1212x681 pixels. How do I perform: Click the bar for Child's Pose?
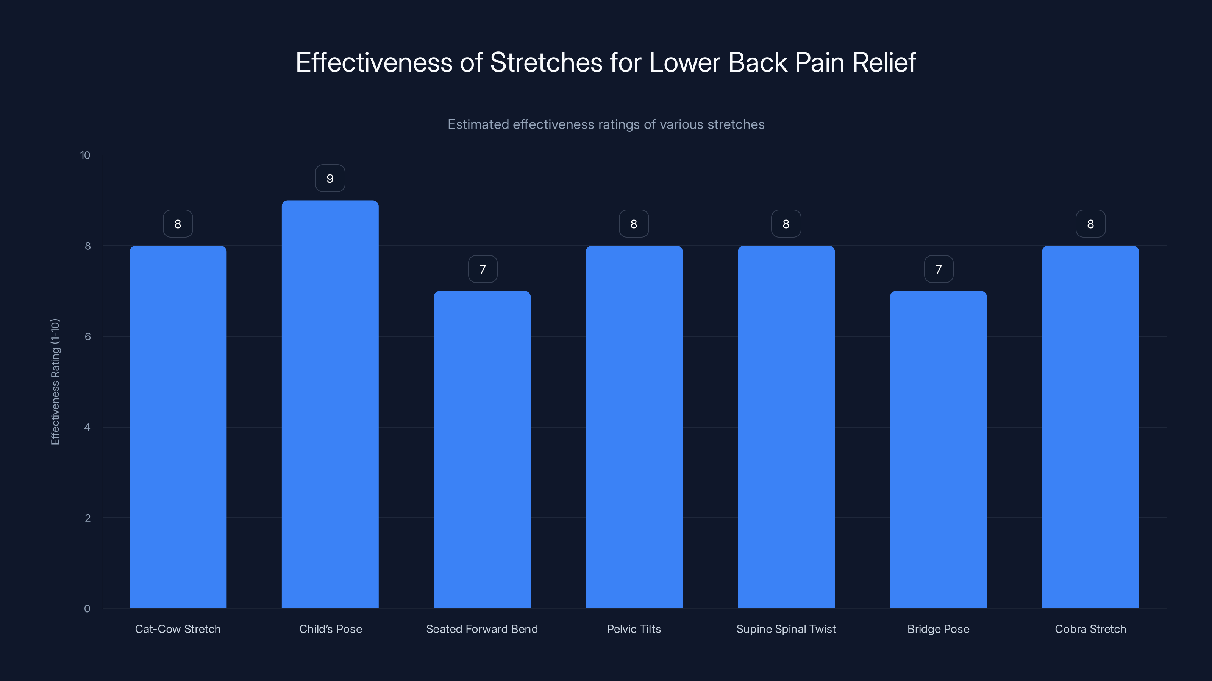pyautogui.click(x=330, y=404)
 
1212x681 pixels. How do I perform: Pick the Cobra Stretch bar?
pyautogui.click(x=1090, y=427)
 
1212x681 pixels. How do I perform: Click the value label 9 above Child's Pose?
pyautogui.click(x=330, y=179)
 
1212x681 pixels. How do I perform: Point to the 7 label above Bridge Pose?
pyautogui.click(x=939, y=269)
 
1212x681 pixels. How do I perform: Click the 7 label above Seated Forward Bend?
pyautogui.click(x=482, y=269)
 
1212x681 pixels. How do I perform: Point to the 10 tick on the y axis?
pyautogui.click(x=85, y=155)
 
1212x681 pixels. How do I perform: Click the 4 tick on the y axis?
pyautogui.click(x=87, y=427)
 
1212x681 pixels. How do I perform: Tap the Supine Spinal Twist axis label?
pyautogui.click(x=786, y=629)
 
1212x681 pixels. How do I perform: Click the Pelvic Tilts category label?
pyautogui.click(x=634, y=629)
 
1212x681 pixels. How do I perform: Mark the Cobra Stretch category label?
pyautogui.click(x=1090, y=629)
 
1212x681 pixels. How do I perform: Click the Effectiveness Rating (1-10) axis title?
pyautogui.click(x=55, y=382)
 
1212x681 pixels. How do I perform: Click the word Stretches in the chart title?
pyautogui.click(x=546, y=62)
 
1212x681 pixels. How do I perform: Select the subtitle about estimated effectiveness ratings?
pyautogui.click(x=606, y=124)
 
